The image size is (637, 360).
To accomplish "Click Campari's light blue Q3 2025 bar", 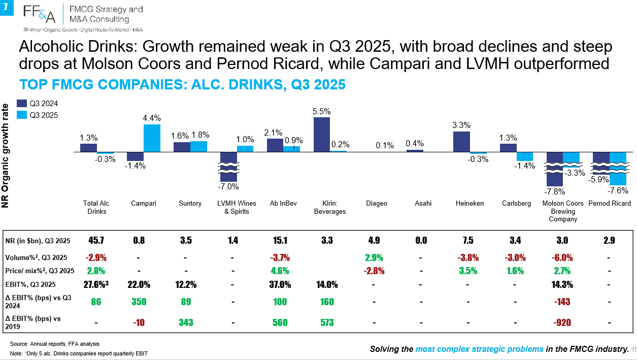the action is click(x=152, y=138).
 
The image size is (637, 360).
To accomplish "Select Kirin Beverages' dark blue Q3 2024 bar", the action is click(x=322, y=135).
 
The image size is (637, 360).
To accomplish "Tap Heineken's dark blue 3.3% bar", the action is click(x=461, y=142).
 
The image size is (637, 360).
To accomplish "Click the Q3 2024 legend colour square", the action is click(x=22, y=103).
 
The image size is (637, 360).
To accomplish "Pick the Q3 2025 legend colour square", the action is click(x=22, y=115).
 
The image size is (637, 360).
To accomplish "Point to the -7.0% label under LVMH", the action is click(x=228, y=187).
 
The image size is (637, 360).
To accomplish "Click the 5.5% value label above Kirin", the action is click(x=321, y=111).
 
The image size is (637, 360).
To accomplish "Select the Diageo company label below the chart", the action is click(x=377, y=203).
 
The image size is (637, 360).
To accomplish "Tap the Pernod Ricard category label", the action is click(x=610, y=203).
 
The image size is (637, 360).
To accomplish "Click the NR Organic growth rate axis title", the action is click(x=5, y=156).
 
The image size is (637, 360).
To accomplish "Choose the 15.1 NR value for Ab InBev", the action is click(x=280, y=241).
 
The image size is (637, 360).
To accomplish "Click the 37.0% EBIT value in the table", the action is click(x=280, y=284).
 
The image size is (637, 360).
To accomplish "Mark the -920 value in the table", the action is click(x=562, y=322).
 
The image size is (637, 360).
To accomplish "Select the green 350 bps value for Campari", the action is click(x=139, y=302).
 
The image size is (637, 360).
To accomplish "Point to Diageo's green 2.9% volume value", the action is click(x=374, y=257).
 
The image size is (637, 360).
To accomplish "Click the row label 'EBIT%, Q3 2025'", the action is click(x=30, y=284).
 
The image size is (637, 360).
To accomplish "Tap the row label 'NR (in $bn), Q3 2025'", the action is click(x=38, y=241).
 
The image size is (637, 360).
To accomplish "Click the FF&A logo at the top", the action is click(x=40, y=14).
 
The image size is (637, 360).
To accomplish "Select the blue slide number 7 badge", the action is click(x=7, y=8).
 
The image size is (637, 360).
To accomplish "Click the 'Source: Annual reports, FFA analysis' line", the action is click(x=55, y=344).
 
